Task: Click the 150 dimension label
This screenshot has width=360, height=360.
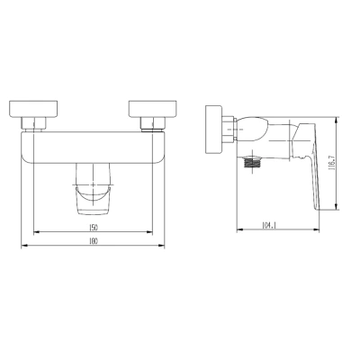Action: (94, 228)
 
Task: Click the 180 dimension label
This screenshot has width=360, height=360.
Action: (94, 241)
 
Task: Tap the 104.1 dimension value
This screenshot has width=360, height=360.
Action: (269, 225)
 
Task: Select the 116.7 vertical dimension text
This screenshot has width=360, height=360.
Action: (331, 165)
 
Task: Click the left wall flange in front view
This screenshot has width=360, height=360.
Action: (33, 108)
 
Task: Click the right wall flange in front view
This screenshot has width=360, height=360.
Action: (152, 108)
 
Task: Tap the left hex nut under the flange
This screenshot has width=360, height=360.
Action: (33, 123)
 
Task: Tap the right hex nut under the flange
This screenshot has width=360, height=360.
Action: (153, 123)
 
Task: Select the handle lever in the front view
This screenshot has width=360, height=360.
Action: (94, 189)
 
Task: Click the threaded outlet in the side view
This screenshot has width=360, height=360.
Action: (253, 162)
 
